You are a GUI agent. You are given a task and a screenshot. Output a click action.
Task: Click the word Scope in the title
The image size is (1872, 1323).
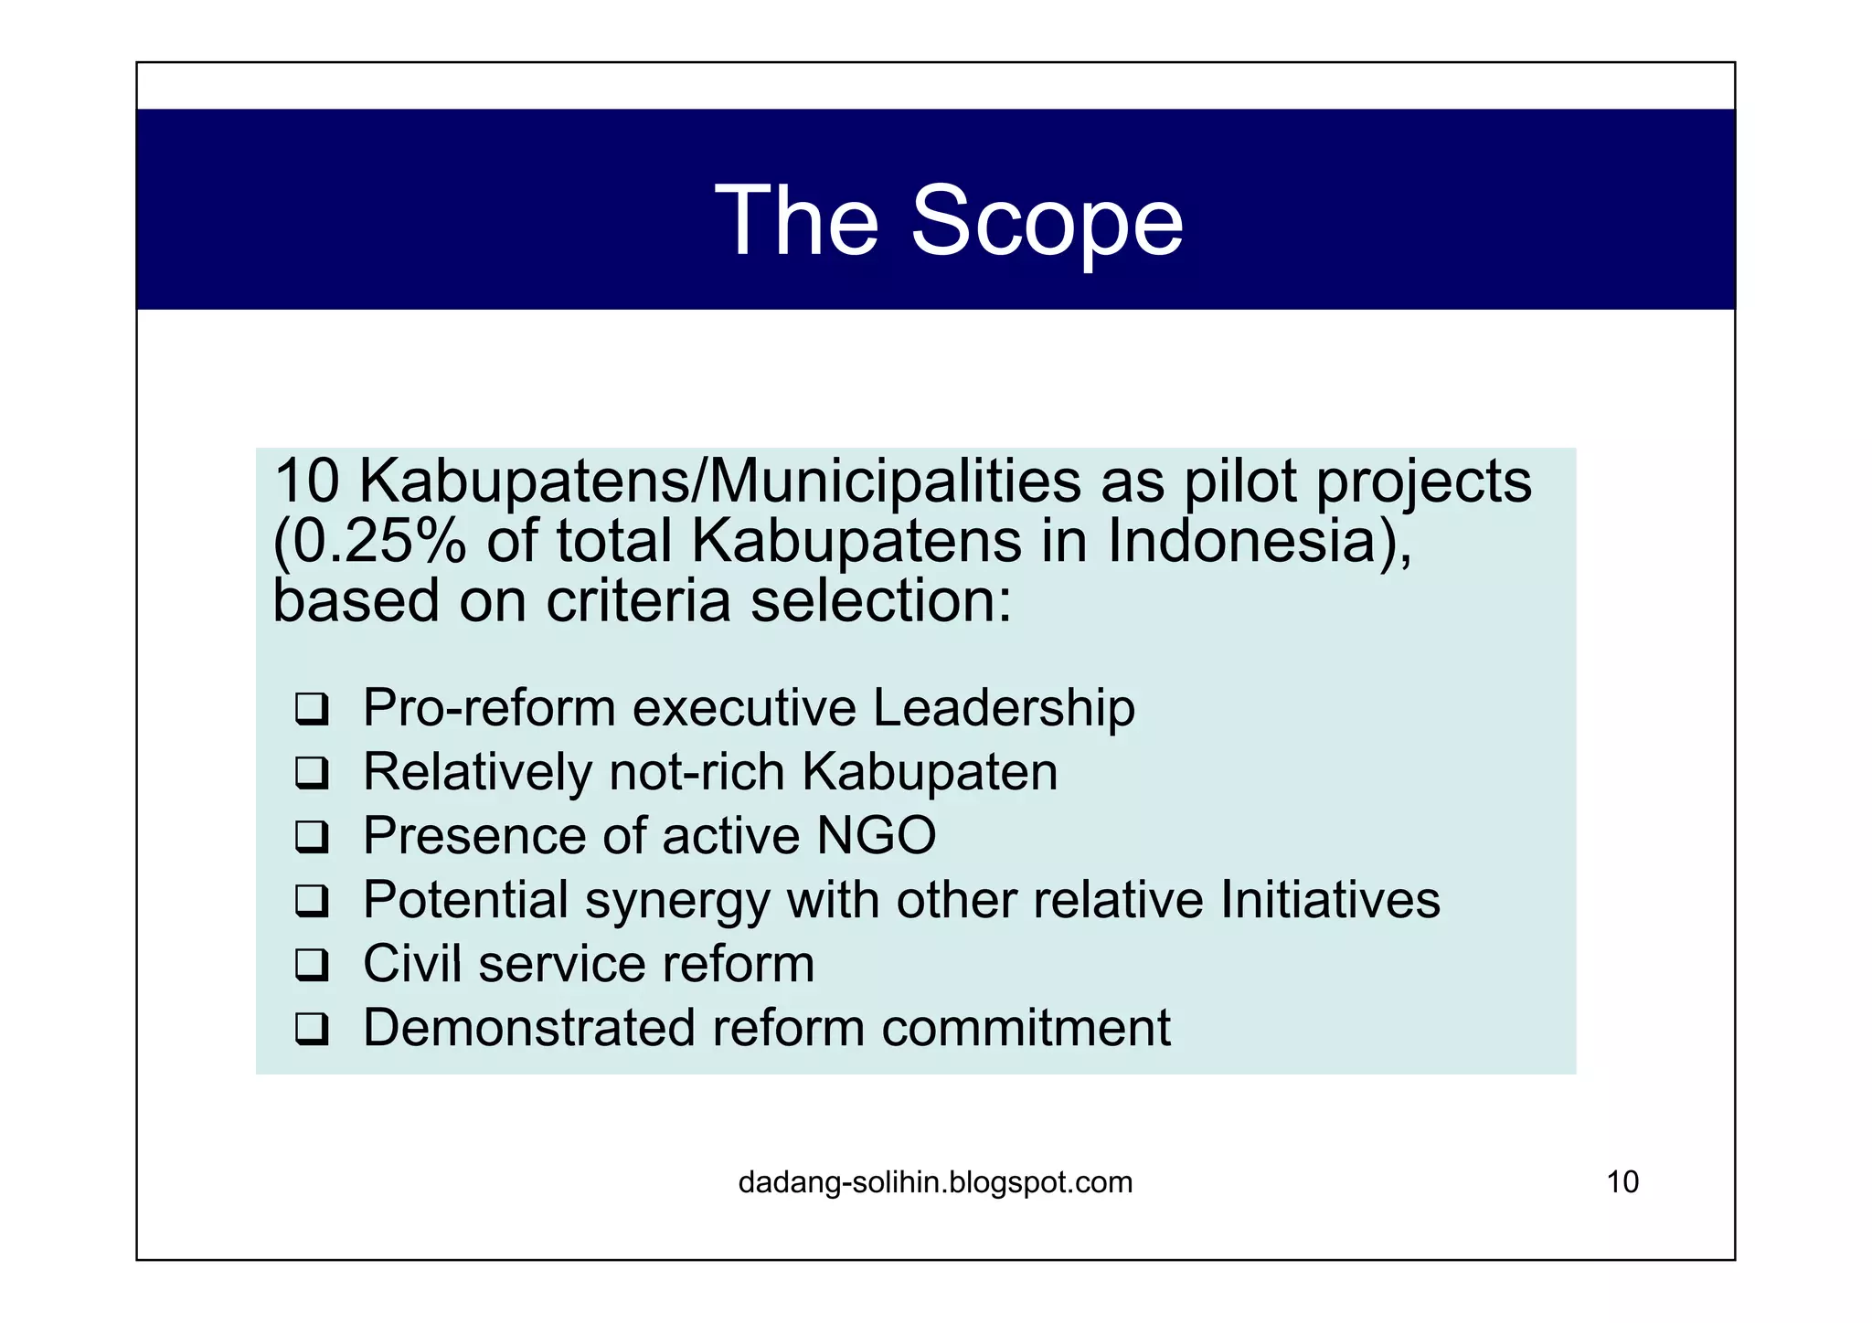[1047, 221]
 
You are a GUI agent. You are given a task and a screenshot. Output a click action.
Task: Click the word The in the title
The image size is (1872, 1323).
[796, 221]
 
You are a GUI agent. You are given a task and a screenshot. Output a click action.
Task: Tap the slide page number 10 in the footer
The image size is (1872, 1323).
[1622, 1182]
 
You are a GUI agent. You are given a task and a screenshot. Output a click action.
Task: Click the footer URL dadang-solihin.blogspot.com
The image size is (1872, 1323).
[935, 1182]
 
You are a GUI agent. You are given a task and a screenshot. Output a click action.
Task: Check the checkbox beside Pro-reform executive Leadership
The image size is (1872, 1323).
[312, 709]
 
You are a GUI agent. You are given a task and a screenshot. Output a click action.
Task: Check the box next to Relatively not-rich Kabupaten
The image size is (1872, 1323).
[312, 773]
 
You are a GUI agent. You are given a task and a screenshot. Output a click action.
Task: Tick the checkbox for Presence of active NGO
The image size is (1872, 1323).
[312, 837]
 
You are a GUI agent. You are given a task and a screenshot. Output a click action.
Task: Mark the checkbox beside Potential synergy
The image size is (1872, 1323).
[312, 901]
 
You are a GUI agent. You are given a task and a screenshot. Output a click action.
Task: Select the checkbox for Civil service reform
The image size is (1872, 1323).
[312, 965]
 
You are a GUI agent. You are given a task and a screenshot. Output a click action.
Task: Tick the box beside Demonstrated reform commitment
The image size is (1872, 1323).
[312, 1029]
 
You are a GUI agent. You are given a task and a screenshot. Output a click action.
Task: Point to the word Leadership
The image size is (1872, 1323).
[1004, 707]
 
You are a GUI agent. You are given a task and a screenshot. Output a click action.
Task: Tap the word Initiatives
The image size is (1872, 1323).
[1330, 899]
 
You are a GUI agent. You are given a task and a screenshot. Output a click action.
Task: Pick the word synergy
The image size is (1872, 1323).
[677, 901]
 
